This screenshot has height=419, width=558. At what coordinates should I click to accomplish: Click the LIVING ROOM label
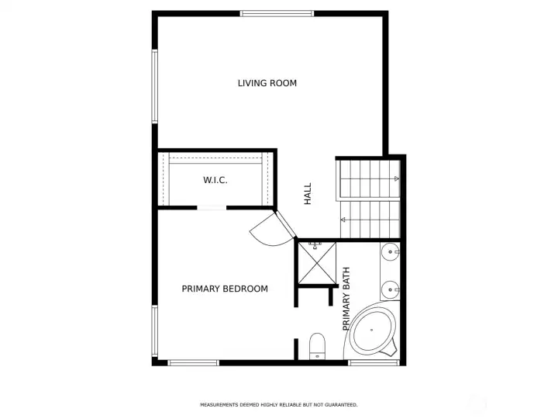tap(267, 83)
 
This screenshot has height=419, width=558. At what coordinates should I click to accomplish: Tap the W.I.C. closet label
tap(215, 180)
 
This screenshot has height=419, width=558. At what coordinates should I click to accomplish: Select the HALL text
tap(308, 193)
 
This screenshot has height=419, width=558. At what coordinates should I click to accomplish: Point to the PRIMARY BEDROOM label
tap(225, 289)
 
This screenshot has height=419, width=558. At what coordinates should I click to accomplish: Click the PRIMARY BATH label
tap(346, 299)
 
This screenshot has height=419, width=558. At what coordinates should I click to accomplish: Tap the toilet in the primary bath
tap(317, 345)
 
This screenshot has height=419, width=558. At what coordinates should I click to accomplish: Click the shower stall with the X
tap(315, 262)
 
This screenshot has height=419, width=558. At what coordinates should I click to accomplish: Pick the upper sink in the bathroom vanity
tap(391, 251)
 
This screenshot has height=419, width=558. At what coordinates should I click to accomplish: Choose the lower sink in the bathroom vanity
tap(391, 289)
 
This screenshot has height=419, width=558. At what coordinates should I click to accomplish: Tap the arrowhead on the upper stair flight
tap(396, 179)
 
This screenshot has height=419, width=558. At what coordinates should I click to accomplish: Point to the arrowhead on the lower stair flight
tap(343, 221)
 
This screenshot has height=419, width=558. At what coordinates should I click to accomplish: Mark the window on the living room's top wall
tap(277, 13)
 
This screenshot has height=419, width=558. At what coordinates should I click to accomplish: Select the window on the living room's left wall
tap(155, 85)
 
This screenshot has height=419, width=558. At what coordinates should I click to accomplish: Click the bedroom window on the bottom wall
tap(194, 362)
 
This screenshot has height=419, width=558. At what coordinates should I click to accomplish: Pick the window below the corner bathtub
tap(374, 362)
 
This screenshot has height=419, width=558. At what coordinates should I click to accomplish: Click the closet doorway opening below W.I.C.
tap(212, 208)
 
